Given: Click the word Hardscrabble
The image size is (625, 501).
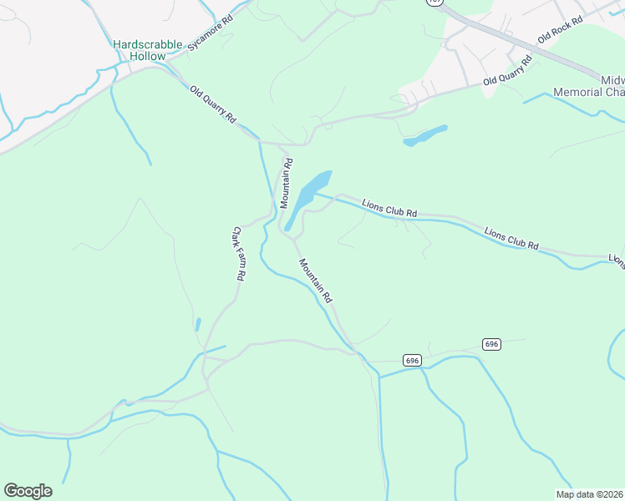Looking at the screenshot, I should coord(147,43).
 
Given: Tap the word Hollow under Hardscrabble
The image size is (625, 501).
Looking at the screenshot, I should coord(147,56).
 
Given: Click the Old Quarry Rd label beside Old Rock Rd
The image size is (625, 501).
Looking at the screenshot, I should coord(507,72).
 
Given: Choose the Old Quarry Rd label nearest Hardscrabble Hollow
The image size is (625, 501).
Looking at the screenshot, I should coord(213,105).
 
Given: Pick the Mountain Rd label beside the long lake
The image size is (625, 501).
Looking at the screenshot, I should coord(286,183).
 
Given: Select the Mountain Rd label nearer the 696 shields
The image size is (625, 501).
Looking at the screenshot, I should coord(317,280).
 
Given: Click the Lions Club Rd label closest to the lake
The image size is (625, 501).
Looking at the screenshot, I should coord(389,208).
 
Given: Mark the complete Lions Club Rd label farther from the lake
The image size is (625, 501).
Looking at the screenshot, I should coord(511,238).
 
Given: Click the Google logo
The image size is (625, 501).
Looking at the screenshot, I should coord(28,490).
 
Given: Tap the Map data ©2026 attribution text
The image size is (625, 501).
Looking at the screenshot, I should coord(588,493).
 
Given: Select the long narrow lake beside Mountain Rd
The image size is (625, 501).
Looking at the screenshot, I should coord(307,198).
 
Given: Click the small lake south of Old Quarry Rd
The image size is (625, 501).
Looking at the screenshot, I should coord(425,135).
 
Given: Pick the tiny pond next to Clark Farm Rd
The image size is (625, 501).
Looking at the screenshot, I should coord(198,323).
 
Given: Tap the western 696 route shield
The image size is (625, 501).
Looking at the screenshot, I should coord(412,360).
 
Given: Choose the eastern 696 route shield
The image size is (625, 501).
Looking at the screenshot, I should coord(491,344).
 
